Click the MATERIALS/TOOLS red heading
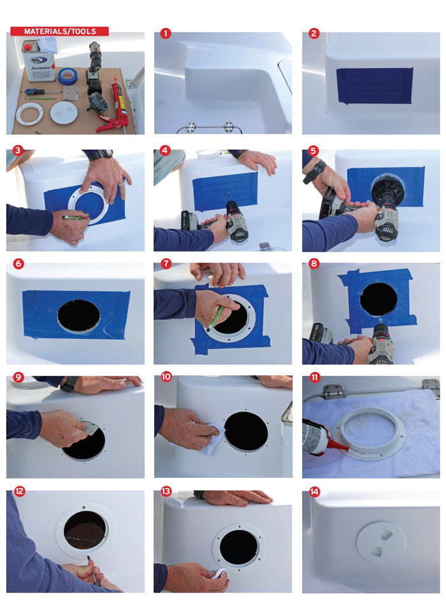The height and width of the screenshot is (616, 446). (x=60, y=31)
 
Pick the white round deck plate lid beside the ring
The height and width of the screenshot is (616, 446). (x=64, y=115)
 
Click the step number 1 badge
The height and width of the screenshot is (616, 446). (x=166, y=33)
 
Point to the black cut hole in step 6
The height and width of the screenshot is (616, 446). (x=79, y=315)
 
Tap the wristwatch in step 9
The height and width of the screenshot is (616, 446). (x=69, y=384)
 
